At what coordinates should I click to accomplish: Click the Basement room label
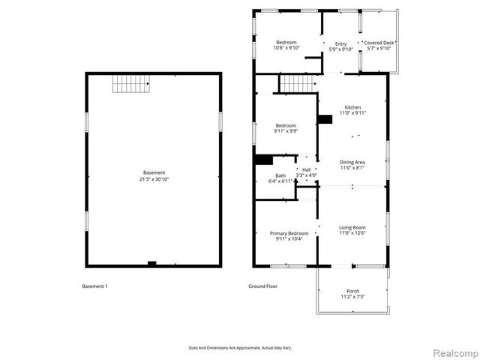[x=154, y=172]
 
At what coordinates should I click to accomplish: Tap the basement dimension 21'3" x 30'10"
[x=154, y=179]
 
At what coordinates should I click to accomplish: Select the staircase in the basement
[x=127, y=84]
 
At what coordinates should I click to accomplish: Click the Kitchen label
[x=352, y=107]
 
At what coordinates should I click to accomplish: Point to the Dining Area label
[x=352, y=162]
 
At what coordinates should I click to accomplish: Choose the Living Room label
[x=352, y=227]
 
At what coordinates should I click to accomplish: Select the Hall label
[x=306, y=169]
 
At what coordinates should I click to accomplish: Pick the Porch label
[x=352, y=291]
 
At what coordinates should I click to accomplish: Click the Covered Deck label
[x=379, y=43]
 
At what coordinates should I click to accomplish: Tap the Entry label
[x=341, y=43]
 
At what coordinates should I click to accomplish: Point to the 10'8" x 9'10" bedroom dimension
[x=286, y=48]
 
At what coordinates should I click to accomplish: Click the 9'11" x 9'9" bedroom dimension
[x=286, y=131]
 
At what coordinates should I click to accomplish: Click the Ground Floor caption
[x=263, y=286]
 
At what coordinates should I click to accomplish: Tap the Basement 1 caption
[x=94, y=286]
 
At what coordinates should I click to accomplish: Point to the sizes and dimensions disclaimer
[x=240, y=348]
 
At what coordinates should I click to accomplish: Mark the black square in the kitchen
[x=325, y=118]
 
